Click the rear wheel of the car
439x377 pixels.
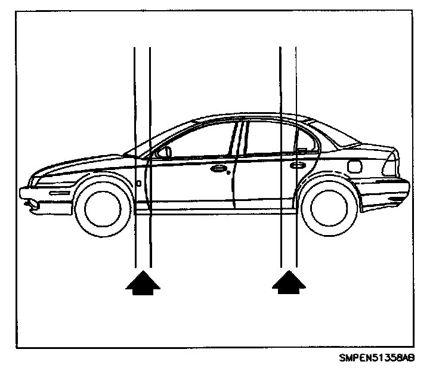tap(325, 206)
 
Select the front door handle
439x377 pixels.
tap(218, 169)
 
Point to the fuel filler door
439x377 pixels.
tap(355, 166)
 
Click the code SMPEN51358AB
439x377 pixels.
tap(377, 359)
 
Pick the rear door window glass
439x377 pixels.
tap(268, 139)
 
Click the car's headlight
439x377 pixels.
tap(45, 178)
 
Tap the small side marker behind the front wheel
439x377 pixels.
tap(138, 184)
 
